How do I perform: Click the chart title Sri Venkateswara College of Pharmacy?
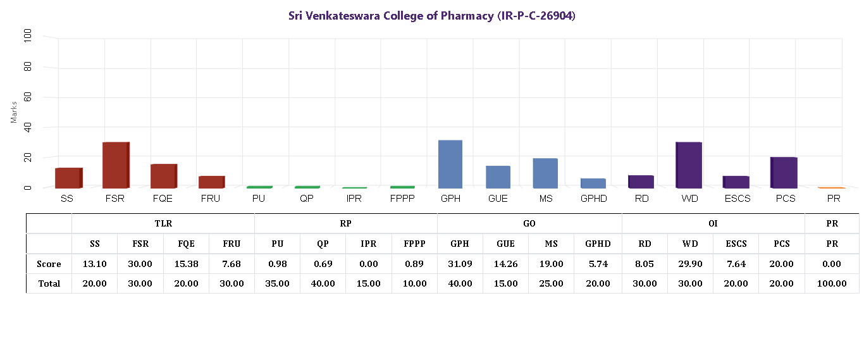[431, 16]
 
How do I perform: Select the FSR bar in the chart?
[116, 165]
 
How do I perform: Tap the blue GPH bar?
[450, 164]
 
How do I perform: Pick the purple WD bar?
[689, 165]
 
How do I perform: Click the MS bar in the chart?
[545, 173]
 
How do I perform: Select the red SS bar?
[68, 178]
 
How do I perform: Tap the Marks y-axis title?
[14, 111]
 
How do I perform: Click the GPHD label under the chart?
[593, 199]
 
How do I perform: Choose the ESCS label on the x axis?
[736, 199]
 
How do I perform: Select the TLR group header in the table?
[163, 223]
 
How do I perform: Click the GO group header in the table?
[529, 223]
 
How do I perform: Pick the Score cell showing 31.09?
[460, 264]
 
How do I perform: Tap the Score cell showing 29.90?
[690, 264]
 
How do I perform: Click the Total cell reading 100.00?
[832, 283]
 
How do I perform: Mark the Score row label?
[49, 264]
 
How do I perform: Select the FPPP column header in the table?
[414, 244]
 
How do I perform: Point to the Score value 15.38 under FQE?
[186, 264]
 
